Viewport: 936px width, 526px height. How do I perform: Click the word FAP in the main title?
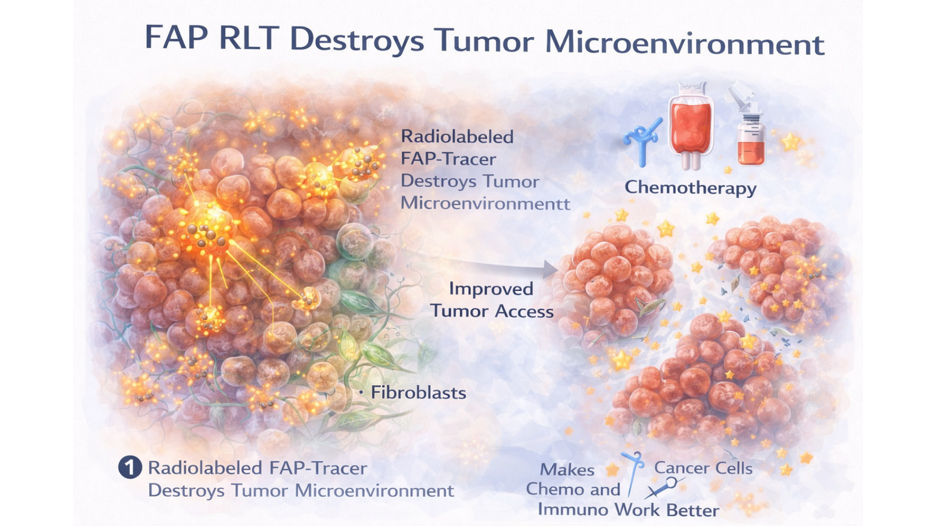click(x=176, y=38)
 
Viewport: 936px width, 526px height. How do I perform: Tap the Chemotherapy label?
click(x=690, y=188)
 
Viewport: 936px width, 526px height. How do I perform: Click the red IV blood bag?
click(x=691, y=125)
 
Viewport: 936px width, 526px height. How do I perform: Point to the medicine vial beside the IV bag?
click(x=749, y=125)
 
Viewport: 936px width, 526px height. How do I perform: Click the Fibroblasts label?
click(x=418, y=392)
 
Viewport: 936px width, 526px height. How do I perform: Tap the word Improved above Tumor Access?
click(x=491, y=289)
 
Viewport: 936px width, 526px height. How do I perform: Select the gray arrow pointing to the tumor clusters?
click(x=480, y=262)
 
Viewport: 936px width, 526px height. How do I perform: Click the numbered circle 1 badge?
click(x=130, y=468)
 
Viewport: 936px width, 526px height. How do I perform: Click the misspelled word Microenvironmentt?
click(x=485, y=203)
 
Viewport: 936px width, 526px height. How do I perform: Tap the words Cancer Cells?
click(x=703, y=468)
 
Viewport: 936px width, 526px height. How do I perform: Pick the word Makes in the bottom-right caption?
click(x=567, y=470)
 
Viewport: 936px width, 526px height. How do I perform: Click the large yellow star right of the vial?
click(x=791, y=142)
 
